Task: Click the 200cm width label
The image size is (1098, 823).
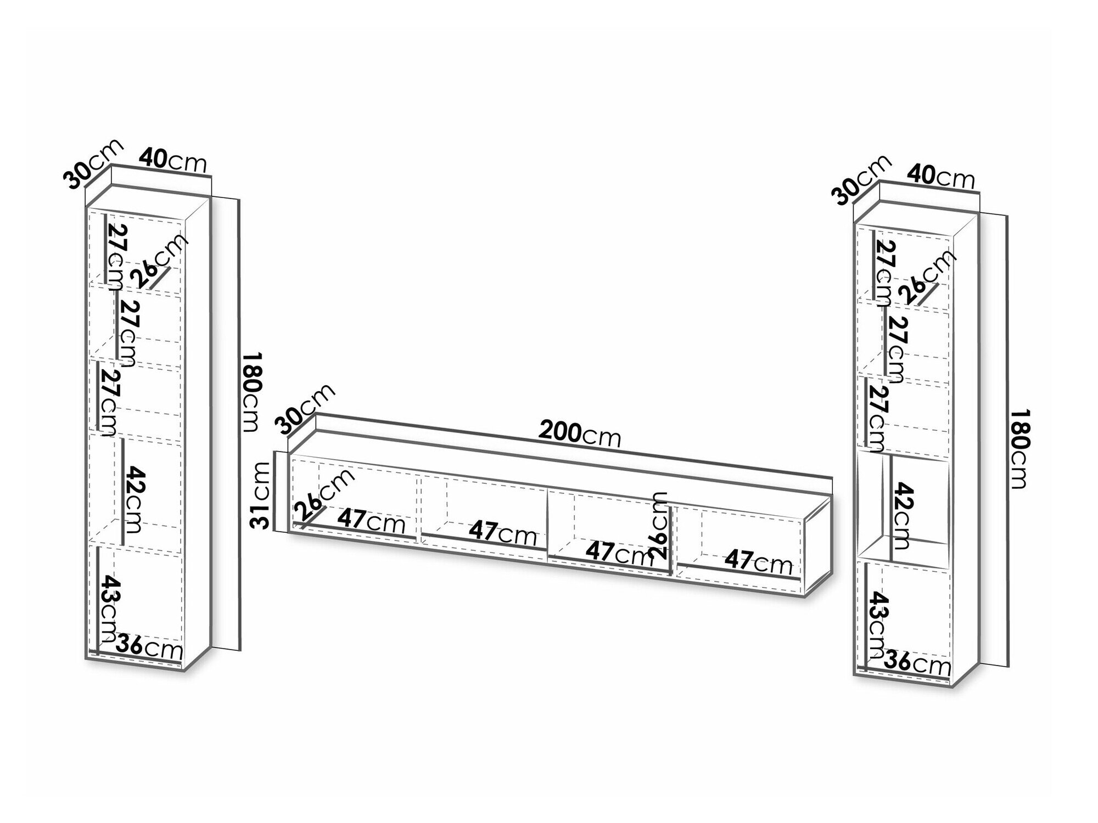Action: click(x=580, y=435)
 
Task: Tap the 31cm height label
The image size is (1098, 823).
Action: click(x=260, y=495)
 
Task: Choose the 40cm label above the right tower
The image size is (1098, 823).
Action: click(x=941, y=176)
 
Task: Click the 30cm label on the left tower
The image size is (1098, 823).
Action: click(x=93, y=164)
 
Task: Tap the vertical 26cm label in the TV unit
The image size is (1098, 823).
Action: click(x=660, y=525)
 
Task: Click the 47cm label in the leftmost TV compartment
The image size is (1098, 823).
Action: click(x=371, y=521)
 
